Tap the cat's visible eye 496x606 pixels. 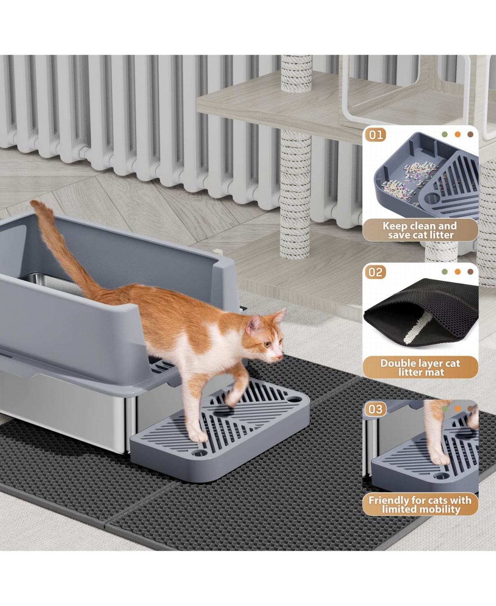tap(267, 344)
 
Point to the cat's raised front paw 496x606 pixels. tap(229, 401)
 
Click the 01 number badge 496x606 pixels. tap(376, 135)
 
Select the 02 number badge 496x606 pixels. tap(376, 272)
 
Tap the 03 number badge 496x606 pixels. tap(376, 409)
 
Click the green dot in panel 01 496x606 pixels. tap(445, 134)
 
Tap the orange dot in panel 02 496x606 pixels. tap(458, 272)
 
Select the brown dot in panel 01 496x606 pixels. tap(470, 134)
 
